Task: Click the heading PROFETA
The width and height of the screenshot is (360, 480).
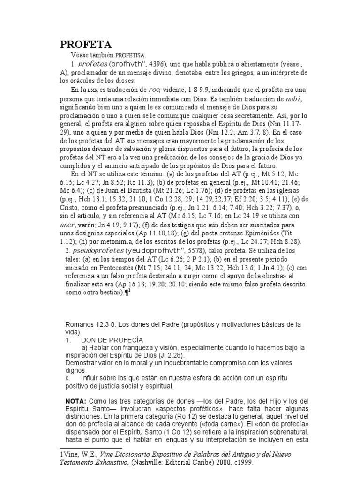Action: point(86,45)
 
